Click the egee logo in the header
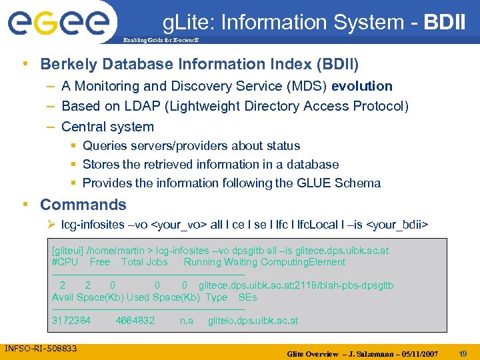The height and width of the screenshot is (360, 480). pos(58,23)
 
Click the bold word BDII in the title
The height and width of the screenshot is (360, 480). pos(443,23)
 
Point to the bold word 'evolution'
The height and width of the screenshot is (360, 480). pos(362,86)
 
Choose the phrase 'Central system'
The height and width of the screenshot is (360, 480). pos(107,127)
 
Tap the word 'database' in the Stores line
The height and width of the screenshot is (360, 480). pos(312,164)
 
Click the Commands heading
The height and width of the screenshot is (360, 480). pos(83,205)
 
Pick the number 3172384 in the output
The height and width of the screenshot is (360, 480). pos(71,321)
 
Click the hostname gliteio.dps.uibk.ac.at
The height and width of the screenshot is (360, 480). pos(253,321)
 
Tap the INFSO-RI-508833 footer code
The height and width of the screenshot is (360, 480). pos(41,349)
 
